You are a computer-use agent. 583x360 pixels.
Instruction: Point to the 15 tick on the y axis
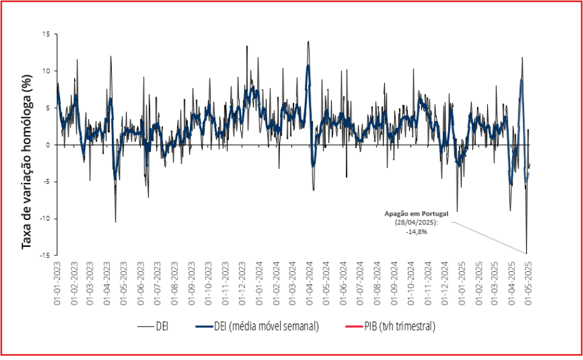click(x=46, y=34)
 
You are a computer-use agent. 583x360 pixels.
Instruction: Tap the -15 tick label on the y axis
click(x=45, y=255)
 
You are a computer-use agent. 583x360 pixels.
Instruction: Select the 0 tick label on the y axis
click(x=48, y=145)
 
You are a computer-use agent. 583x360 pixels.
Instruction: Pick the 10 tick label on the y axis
click(x=46, y=71)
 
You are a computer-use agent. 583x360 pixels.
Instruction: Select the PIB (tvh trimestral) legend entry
click(x=398, y=326)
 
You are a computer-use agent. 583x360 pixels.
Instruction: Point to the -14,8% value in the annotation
click(x=416, y=231)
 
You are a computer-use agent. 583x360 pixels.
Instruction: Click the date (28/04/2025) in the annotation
click(x=416, y=223)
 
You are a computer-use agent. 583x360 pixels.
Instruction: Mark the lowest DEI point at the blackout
click(x=527, y=253)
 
